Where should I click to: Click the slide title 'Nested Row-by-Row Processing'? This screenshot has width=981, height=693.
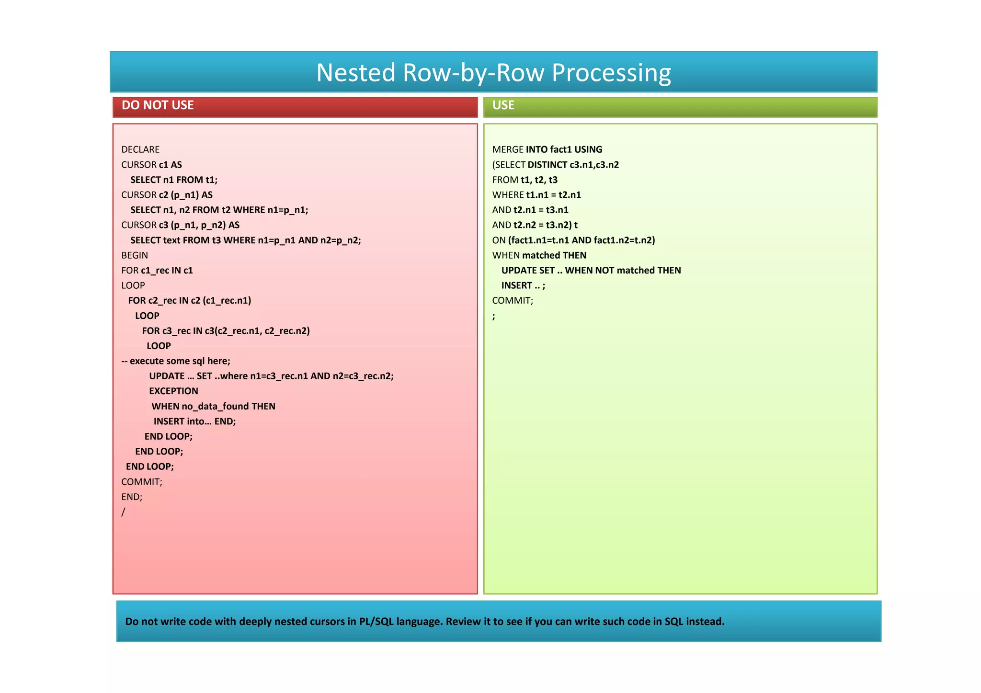[x=493, y=73]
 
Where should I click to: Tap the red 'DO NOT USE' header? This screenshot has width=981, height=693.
[x=158, y=105]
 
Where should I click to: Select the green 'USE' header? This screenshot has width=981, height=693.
[x=503, y=105]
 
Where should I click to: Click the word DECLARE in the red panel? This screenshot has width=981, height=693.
[x=140, y=149]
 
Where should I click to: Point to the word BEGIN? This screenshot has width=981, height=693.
[x=135, y=255]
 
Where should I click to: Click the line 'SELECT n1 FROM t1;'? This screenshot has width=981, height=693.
[x=174, y=180]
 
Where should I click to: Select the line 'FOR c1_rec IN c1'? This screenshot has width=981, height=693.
[x=157, y=270]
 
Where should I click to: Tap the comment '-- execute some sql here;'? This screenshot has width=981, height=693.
[x=176, y=361]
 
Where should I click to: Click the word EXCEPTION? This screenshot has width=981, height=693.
[x=173, y=391]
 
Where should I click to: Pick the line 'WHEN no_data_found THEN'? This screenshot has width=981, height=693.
[x=213, y=406]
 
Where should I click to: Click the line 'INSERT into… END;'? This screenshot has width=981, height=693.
[x=194, y=421]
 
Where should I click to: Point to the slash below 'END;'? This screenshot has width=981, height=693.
[x=123, y=512]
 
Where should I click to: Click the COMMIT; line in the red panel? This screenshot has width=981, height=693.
[x=142, y=482]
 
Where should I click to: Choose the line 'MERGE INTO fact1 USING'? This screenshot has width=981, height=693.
[x=547, y=149]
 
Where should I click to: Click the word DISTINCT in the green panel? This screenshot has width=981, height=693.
[x=548, y=165]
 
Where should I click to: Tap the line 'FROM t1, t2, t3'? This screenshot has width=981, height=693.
[x=525, y=180]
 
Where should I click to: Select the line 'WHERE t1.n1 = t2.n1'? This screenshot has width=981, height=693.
[x=536, y=195]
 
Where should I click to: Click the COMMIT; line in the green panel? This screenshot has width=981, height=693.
[x=513, y=300]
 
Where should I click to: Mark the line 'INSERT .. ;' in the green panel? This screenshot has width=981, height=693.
[x=523, y=285]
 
